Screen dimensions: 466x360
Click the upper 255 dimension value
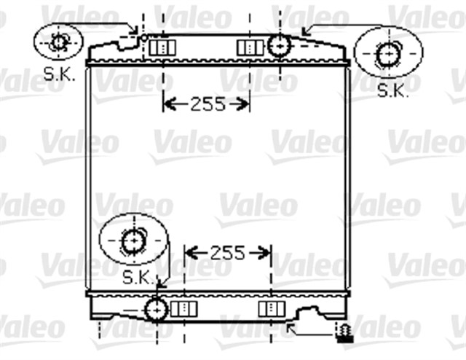click(x=208, y=104)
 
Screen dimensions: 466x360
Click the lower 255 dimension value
click(x=228, y=253)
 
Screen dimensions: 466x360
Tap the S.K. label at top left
click(x=59, y=74)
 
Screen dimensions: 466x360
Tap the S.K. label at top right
click(x=393, y=90)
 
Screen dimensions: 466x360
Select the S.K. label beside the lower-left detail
click(x=139, y=278)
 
